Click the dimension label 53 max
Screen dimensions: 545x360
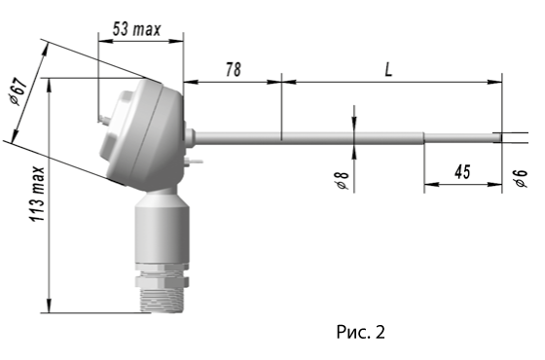tap(136, 29)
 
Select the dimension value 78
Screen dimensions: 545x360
tap(234, 69)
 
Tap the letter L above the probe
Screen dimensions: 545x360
tap(388, 70)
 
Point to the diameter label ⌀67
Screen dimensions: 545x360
tap(18, 91)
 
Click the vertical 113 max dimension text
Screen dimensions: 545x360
tap(37, 195)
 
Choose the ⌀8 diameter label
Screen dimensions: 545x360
tap(343, 180)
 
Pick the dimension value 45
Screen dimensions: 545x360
tap(462, 172)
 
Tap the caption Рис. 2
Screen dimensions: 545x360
tap(360, 332)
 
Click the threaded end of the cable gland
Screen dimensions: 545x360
tap(162, 300)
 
